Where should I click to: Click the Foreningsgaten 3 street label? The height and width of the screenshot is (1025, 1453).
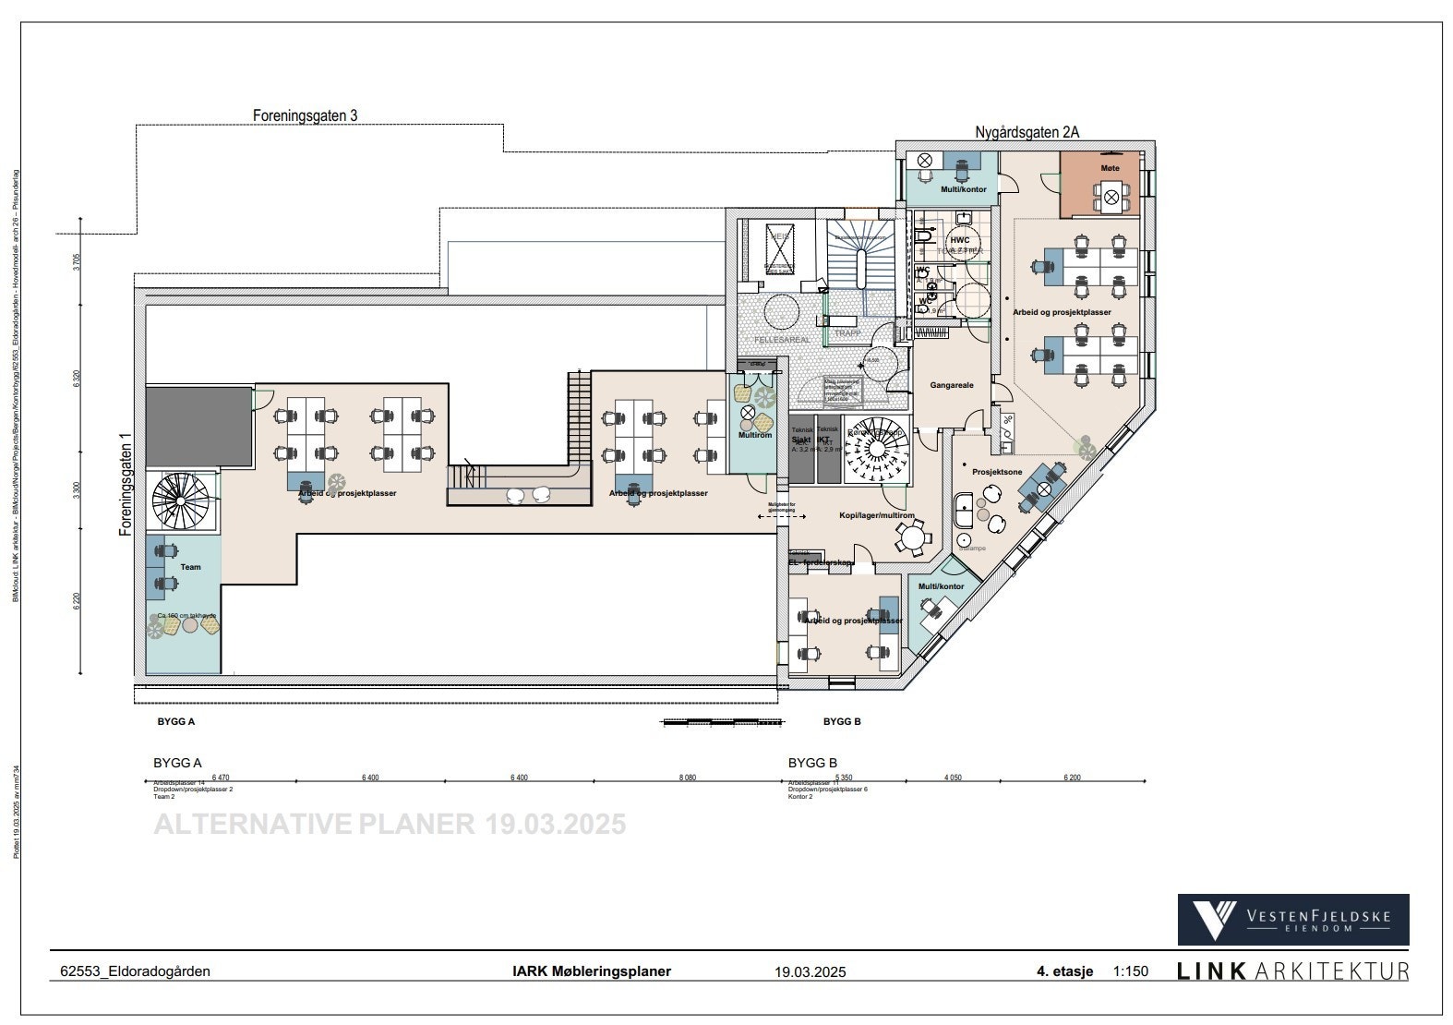coord(305,116)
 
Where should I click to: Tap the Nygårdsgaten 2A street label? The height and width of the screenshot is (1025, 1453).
coord(1027,133)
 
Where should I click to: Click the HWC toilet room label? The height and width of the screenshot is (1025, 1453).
coord(959,240)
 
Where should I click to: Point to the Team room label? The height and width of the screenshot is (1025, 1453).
coord(190,567)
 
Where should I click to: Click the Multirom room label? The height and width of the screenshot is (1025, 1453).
coord(754,435)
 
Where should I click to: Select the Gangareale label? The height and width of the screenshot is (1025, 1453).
coord(951,385)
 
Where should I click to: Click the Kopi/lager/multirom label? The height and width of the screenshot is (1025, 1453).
coord(876,515)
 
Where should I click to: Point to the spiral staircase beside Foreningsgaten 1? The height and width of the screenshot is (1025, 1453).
coord(182,501)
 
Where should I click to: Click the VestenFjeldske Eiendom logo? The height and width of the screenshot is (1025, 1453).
coord(1292,919)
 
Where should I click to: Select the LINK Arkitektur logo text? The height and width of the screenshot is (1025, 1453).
coord(1292,971)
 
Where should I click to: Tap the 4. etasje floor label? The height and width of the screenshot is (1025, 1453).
coord(1064,971)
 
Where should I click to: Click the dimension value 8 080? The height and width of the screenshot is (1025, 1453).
coord(687,778)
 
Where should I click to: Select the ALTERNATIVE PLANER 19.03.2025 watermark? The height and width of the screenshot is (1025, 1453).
coord(389,824)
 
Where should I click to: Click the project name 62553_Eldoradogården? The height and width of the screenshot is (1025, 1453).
coord(135,971)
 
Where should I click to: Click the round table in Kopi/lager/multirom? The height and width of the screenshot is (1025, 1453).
coord(913,536)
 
